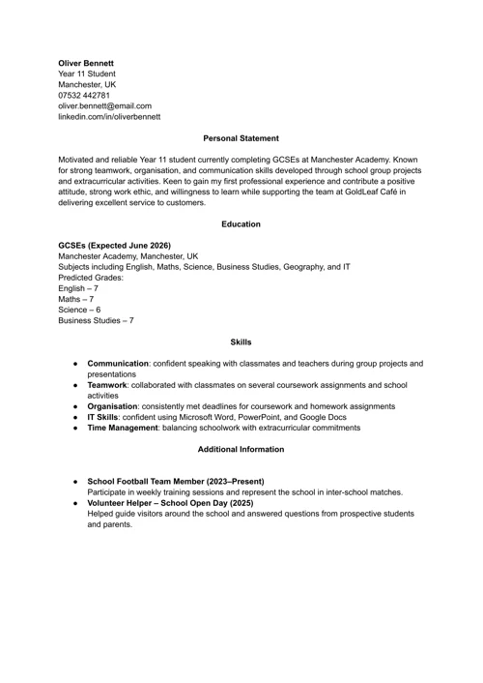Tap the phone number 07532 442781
[x=84, y=95]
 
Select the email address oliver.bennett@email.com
[x=104, y=105]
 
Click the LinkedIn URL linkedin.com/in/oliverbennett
[x=109, y=116]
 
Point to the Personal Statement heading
[x=241, y=138]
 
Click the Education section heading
[x=241, y=224]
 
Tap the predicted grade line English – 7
[x=78, y=288]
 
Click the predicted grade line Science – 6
[x=79, y=310]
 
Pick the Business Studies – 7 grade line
[x=96, y=320]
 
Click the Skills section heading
[x=241, y=341]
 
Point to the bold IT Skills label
[x=103, y=417]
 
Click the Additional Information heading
[x=241, y=449]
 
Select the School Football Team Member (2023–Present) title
[x=176, y=481]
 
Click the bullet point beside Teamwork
[x=74, y=385]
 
